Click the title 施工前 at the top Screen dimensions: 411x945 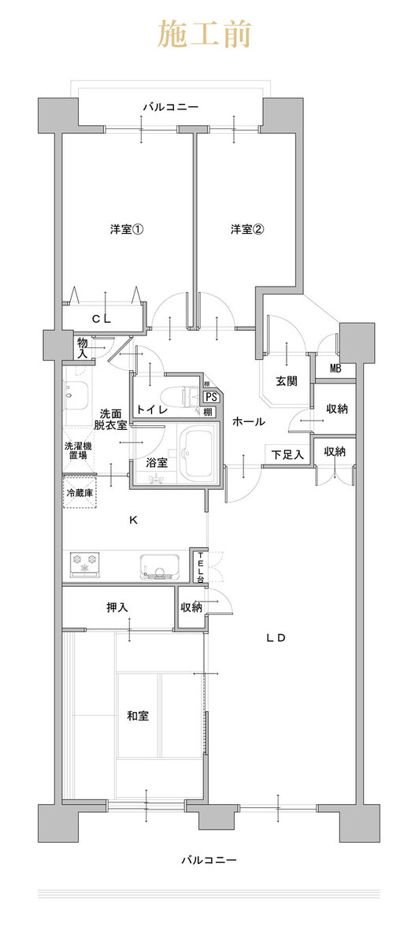(205, 34)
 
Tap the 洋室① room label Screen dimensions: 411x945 (127, 229)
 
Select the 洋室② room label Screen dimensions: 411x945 (247, 229)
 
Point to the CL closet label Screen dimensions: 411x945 (102, 320)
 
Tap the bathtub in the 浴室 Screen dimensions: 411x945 (197, 454)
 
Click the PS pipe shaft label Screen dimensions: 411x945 (212, 397)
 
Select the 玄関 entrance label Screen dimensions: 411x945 (287, 381)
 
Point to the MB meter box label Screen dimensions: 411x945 (335, 369)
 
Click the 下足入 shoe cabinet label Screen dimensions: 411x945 (287, 454)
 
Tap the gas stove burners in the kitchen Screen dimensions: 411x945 (85, 565)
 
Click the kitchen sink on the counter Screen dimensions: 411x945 (159, 566)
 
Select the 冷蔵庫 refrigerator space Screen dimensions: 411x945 (80, 493)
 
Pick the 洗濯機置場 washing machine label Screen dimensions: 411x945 (78, 450)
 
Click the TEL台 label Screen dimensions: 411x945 (201, 568)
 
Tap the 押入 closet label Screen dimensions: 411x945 (117, 607)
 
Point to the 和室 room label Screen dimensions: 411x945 (138, 716)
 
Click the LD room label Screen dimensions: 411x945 (276, 638)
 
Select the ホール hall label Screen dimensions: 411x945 (249, 421)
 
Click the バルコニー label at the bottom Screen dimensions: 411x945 (209, 859)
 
